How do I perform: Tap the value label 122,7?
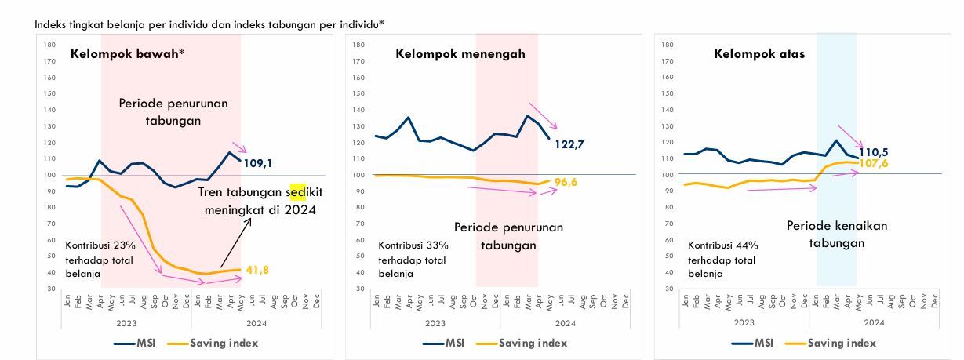click(x=569, y=144)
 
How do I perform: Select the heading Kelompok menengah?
click(x=460, y=54)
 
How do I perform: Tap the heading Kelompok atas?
click(x=759, y=54)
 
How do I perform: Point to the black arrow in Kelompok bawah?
click(x=236, y=242)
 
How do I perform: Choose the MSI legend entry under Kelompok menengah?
click(x=443, y=343)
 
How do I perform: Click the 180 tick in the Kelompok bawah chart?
click(x=49, y=45)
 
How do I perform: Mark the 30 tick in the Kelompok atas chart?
click(x=668, y=289)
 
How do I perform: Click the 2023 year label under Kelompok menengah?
click(x=436, y=322)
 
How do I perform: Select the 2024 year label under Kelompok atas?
click(x=874, y=322)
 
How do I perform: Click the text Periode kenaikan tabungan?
click(x=837, y=235)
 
